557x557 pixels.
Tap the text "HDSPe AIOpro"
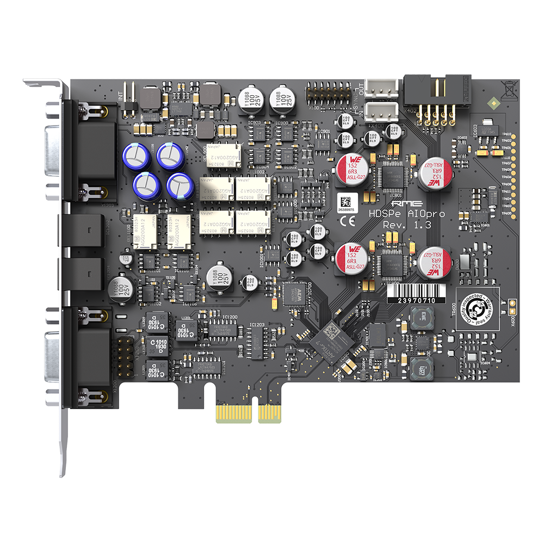point(406,214)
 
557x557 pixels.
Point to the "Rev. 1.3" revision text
point(407,225)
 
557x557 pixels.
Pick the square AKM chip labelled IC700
point(294,295)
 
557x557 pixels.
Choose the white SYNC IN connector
point(378,110)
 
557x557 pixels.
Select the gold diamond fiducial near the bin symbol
point(493,102)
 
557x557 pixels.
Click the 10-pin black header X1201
point(125,357)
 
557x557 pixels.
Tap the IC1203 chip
point(256,343)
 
